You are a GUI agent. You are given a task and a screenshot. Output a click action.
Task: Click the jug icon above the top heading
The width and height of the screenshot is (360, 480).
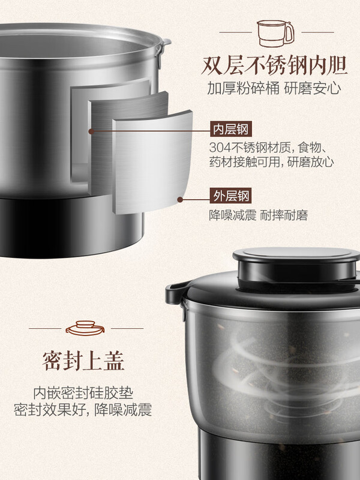[x=275, y=33]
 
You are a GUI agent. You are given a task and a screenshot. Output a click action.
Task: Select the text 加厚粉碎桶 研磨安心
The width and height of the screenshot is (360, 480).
[x=275, y=89]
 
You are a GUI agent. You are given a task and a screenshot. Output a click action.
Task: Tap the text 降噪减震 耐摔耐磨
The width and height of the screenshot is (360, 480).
[x=258, y=215]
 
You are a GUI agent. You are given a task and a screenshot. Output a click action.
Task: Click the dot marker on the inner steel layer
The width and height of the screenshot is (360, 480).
[x=91, y=130]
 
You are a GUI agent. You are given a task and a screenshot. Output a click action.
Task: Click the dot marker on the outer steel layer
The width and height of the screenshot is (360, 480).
[x=179, y=197]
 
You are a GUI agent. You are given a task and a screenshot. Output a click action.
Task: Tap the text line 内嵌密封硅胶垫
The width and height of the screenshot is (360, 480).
[x=83, y=392]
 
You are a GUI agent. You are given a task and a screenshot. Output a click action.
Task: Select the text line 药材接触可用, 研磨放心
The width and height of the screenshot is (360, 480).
[x=272, y=162]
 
